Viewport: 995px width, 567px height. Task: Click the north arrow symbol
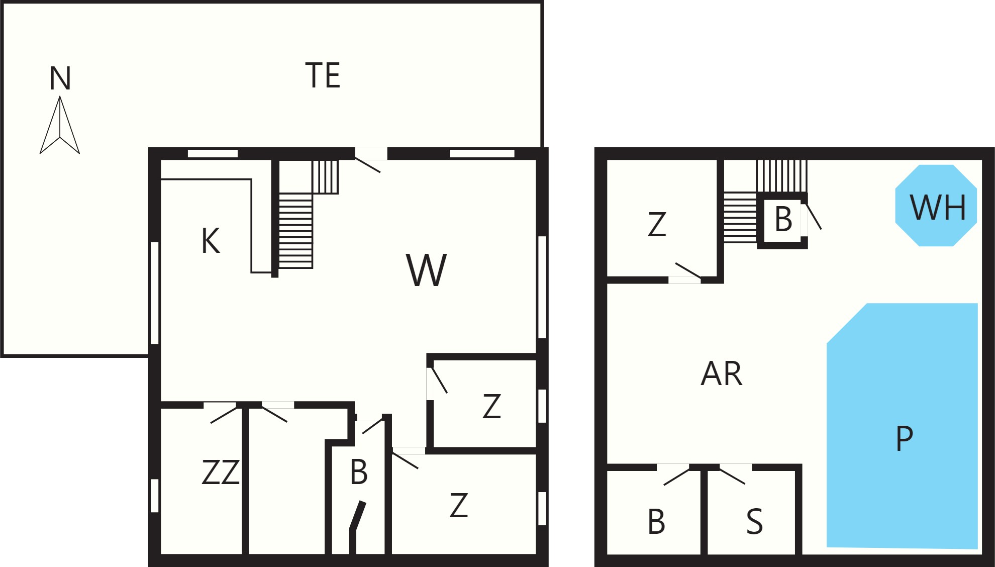tap(60, 125)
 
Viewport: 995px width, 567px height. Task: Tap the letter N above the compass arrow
tap(60, 78)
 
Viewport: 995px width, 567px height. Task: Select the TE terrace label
tap(323, 75)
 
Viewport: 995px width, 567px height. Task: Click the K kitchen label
tap(211, 241)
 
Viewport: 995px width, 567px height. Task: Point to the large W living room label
tap(426, 270)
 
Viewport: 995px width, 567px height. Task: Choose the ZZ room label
tap(220, 472)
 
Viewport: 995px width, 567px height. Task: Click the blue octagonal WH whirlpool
tap(936, 206)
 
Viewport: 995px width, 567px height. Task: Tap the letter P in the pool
tap(904, 438)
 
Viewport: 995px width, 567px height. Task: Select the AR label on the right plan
tap(722, 373)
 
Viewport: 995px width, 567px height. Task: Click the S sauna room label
tap(754, 521)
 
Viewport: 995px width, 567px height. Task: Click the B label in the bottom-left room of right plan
tap(656, 521)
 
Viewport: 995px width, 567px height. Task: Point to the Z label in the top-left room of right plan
tap(657, 224)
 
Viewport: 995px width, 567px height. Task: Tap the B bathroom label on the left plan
tap(359, 472)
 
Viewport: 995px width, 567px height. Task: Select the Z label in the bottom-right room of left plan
tap(459, 506)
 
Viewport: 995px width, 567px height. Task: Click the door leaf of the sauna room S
tap(732, 477)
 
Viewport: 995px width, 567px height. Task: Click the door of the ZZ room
tap(223, 415)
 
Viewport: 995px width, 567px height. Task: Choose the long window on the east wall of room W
tap(542, 287)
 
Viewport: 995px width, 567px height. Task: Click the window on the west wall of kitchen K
tap(155, 293)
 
